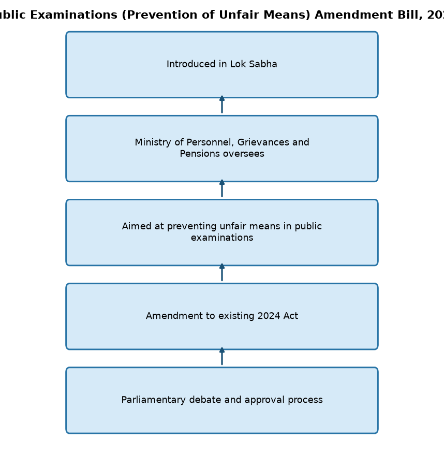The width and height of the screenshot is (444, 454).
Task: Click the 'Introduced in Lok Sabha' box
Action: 222,65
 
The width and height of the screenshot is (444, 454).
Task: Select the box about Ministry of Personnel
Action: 222,149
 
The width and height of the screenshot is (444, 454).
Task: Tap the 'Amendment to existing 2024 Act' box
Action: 222,316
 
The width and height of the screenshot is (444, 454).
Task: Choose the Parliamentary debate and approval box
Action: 222,401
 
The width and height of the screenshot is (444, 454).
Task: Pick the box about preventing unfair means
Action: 222,232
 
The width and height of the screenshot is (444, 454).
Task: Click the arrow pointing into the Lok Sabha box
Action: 222,104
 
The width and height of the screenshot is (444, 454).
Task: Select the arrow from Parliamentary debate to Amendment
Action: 222,356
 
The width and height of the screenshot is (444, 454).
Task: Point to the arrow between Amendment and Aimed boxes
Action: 222,272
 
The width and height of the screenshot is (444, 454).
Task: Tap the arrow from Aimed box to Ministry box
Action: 222,188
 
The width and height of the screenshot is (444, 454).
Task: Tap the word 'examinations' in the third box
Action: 222,238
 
